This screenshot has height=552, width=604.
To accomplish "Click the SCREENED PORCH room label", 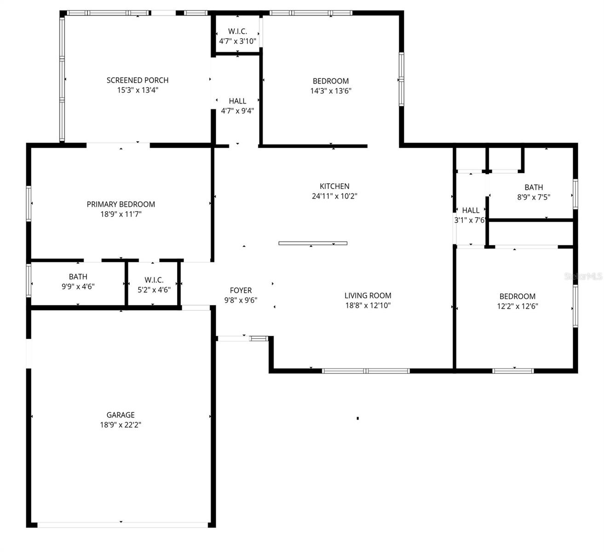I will point(138,80).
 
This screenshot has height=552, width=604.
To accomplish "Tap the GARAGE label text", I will point(121,415).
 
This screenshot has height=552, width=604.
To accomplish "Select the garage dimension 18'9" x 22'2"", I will point(121,425).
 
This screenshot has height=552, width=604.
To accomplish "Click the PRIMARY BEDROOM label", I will point(121,204).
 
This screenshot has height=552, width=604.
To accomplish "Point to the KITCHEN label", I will point(334,186).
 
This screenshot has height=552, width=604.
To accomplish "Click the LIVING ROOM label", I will point(368,296).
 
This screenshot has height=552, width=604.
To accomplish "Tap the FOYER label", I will point(241,290).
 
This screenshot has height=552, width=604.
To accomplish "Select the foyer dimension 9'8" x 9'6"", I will point(241,300).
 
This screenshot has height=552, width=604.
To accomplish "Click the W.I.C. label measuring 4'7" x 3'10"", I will point(237,31).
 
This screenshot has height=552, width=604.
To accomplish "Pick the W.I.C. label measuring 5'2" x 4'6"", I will point(154,280).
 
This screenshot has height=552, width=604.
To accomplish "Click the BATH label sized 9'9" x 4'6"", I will point(78,276).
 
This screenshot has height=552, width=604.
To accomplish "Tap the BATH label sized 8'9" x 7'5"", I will point(534,187).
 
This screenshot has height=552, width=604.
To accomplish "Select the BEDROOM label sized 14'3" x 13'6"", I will point(331,81).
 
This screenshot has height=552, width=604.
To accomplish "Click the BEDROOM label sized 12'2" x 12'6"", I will point(518,296).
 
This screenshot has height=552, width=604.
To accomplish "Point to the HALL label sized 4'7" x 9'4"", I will point(237,101).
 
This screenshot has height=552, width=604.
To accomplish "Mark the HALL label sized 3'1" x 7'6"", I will point(471,210).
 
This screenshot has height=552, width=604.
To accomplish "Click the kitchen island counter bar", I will point(313,243).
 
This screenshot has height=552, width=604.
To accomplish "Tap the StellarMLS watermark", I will point(583,276).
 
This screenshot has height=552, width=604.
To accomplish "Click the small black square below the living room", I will point(357,418).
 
